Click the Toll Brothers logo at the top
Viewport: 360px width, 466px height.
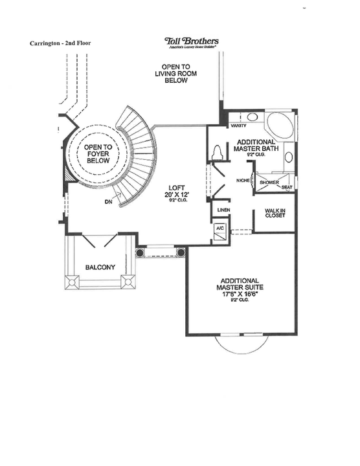pyautogui.click(x=192, y=42)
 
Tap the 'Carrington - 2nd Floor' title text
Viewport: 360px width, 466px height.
pyautogui.click(x=60, y=43)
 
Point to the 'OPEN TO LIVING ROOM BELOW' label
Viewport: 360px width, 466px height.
pyautogui.click(x=175, y=74)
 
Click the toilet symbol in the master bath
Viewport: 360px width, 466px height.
pyautogui.click(x=218, y=152)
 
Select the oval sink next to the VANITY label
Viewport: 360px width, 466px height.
pyautogui.click(x=253, y=118)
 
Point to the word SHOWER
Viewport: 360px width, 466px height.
pyautogui.click(x=269, y=183)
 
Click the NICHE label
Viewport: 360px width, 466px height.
pyautogui.click(x=243, y=181)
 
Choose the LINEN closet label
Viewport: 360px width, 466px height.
pyautogui.click(x=223, y=210)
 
